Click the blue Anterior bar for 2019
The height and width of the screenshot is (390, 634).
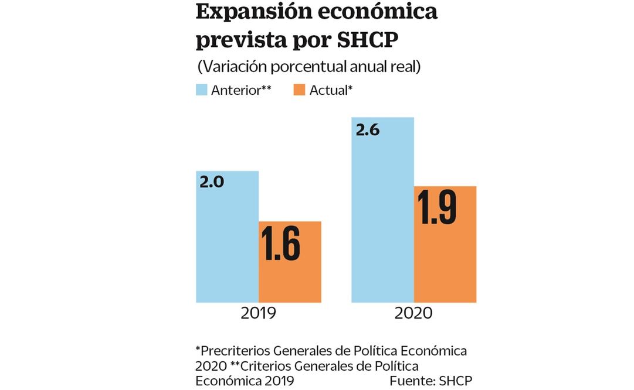227,246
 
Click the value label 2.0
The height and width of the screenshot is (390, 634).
212,182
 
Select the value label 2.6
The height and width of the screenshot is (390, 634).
368,130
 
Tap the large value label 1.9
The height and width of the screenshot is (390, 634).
436,207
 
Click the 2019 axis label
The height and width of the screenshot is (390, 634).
258,313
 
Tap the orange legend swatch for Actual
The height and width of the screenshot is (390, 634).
299,90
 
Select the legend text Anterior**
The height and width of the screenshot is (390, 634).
241,90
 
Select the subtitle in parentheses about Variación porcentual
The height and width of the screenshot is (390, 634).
308,67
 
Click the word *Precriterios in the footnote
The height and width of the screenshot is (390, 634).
229,351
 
